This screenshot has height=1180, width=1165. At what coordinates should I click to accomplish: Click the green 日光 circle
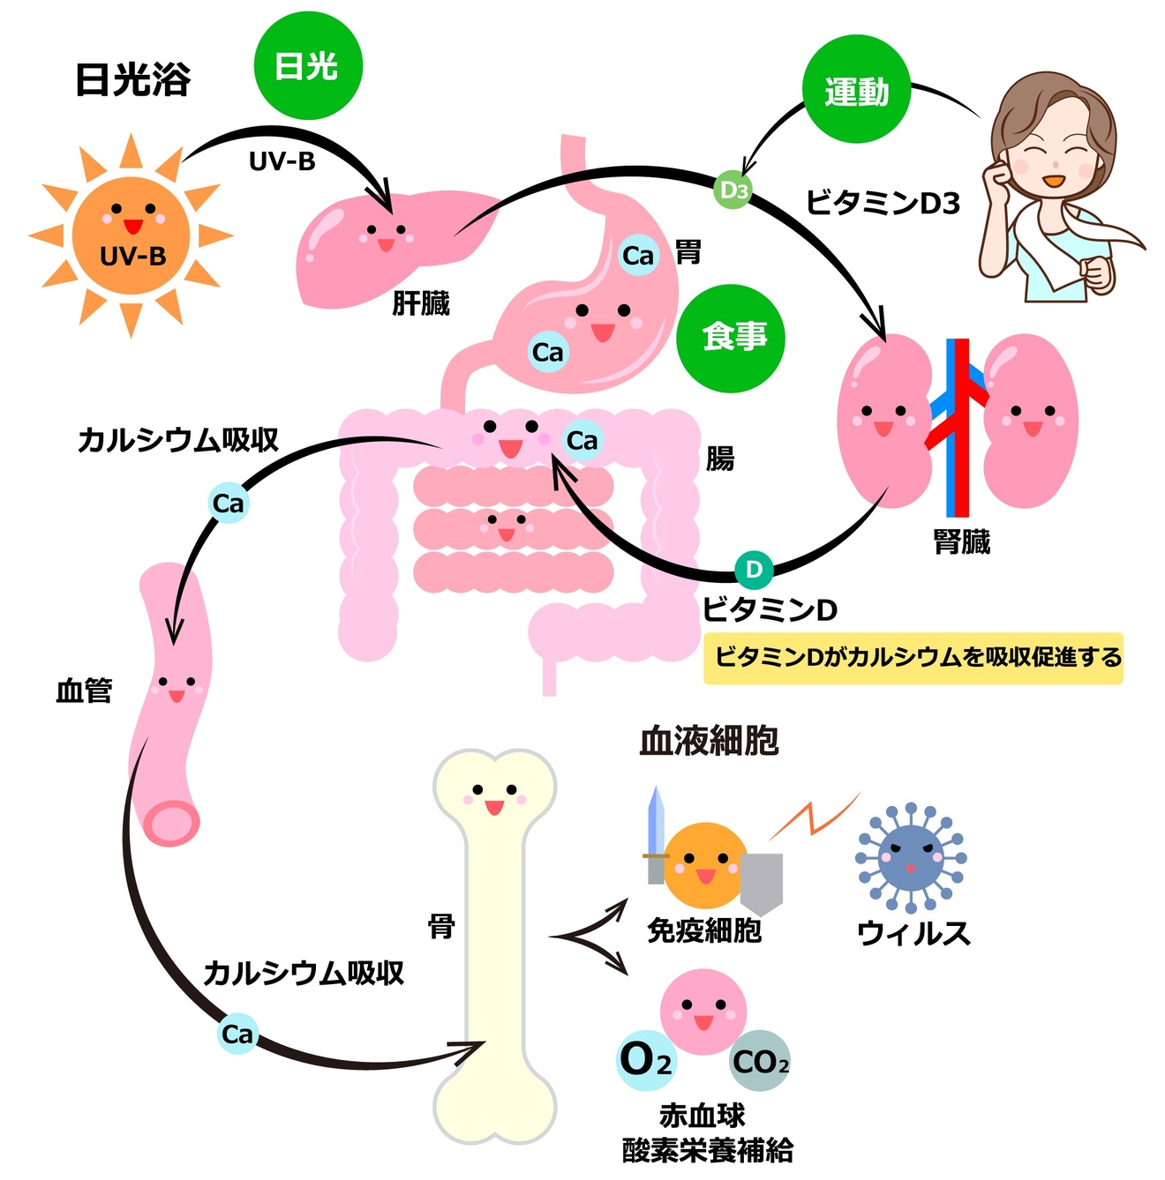(308, 67)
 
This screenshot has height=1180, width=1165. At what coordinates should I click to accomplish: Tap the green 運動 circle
(856, 90)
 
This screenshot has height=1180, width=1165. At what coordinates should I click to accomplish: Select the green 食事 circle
(732, 338)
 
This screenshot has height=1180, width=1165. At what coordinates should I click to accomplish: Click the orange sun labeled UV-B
(132, 235)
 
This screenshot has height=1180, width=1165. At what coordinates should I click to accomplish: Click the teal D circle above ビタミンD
(754, 570)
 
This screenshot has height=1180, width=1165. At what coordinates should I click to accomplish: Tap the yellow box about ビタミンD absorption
(913, 658)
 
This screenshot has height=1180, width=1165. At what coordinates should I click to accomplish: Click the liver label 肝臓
(421, 304)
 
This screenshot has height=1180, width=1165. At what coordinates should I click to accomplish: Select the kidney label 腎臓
(962, 541)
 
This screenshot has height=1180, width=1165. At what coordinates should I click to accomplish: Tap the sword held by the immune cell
(655, 833)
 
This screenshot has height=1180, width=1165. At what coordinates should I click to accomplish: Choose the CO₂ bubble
(761, 1062)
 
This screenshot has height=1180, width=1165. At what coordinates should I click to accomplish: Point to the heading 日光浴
(132, 79)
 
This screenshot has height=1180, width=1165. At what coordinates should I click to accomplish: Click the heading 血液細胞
(709, 741)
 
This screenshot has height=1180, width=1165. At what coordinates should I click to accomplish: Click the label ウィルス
(913, 933)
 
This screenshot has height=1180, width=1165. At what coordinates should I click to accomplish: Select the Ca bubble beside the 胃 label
(638, 256)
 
